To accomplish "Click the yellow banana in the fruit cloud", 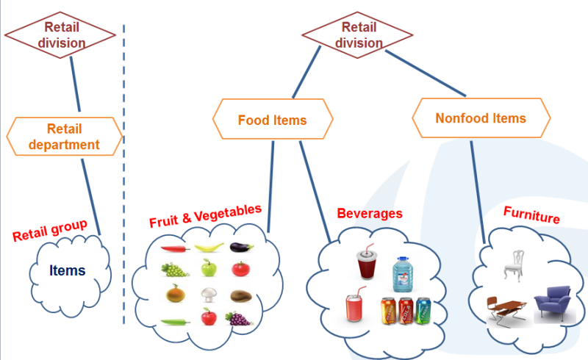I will tap(208, 248).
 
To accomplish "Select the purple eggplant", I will tap(241, 248).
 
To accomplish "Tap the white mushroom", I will tap(209, 295).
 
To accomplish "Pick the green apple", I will tap(209, 269).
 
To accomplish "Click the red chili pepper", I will tap(176, 248).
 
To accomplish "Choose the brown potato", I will tap(241, 296).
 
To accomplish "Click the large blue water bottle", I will tap(402, 274).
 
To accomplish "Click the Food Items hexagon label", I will tap(272, 120).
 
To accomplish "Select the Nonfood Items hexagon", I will tap(481, 118).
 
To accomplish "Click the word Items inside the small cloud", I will tap(68, 270).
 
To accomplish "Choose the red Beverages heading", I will tap(370, 214).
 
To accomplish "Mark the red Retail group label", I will tap(50, 231).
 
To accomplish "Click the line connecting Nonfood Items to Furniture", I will tap(478, 184).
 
